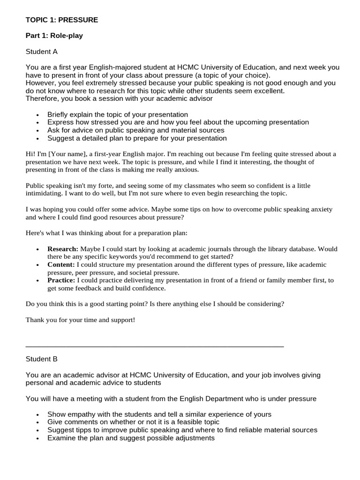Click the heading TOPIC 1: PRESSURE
[x=62, y=20]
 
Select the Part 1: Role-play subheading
[x=54, y=36]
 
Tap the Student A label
[x=42, y=52]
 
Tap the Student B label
[x=42, y=359]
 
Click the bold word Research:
[x=63, y=249]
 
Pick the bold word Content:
[x=61, y=264]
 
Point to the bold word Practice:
[x=61, y=280]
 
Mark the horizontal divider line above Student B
[x=155, y=346]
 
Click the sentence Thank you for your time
[x=80, y=320]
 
